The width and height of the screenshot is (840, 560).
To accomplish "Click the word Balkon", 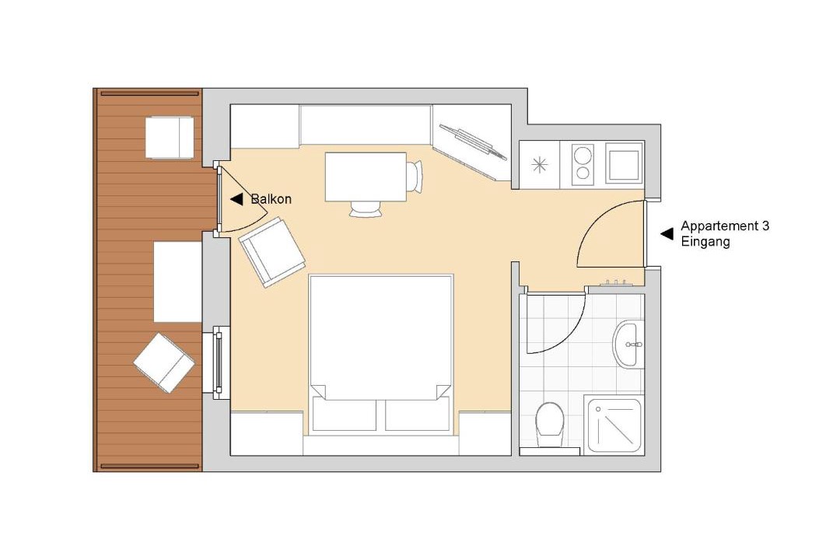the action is (271, 199).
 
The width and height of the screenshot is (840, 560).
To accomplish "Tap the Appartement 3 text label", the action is (725, 226).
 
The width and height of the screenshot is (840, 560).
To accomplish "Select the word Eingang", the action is (705, 242).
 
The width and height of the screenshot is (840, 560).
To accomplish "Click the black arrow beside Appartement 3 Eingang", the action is (667, 233).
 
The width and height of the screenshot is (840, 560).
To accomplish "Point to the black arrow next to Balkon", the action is (236, 199).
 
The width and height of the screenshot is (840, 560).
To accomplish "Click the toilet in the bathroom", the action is (549, 425).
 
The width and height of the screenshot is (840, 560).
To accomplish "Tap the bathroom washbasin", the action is (625, 345).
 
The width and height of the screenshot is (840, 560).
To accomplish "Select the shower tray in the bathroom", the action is (614, 425).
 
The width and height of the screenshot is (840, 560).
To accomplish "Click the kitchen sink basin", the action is (624, 165).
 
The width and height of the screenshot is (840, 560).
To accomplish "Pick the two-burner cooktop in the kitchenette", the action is (583, 165).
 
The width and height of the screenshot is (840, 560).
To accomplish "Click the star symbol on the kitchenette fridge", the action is (540, 165).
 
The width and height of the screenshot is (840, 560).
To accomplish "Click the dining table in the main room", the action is (366, 177).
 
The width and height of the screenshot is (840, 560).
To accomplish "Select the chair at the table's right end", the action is (415, 176).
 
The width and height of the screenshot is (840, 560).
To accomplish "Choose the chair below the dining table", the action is (366, 209).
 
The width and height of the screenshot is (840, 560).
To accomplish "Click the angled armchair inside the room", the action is (271, 252).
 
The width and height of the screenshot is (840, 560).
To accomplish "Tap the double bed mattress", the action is (381, 337).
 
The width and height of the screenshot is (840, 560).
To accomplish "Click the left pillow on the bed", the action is (344, 415).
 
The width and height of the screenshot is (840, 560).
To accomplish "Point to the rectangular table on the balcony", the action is (177, 282).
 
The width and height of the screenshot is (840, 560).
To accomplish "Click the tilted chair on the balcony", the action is (164, 362).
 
